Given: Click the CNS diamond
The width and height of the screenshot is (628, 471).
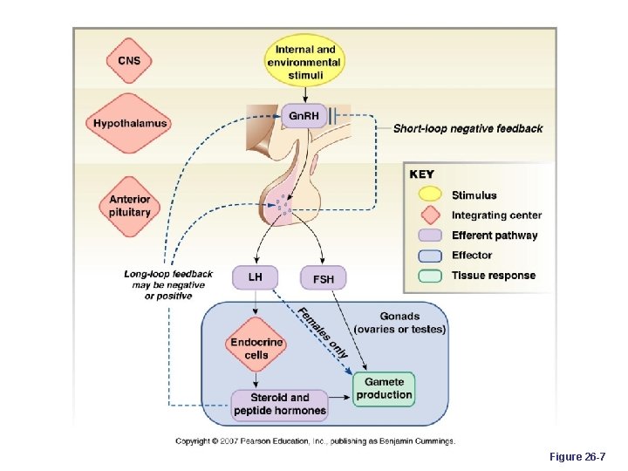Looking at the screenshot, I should [x=129, y=60].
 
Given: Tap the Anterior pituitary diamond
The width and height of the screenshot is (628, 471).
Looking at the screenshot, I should [x=129, y=206].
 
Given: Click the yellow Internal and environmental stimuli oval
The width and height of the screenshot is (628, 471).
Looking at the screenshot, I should [x=304, y=63].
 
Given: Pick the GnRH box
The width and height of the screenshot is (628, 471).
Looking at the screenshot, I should [x=304, y=116].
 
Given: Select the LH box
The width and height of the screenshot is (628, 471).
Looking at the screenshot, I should [x=255, y=277].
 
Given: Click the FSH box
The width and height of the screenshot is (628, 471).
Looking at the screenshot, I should [x=323, y=278].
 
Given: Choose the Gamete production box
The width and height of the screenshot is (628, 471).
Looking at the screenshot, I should [x=384, y=389].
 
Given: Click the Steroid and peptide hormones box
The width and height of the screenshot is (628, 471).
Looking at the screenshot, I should [x=279, y=404].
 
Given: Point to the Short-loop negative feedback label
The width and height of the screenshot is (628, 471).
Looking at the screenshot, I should [x=468, y=128].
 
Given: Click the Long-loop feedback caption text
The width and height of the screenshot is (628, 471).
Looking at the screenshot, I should [x=168, y=285].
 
